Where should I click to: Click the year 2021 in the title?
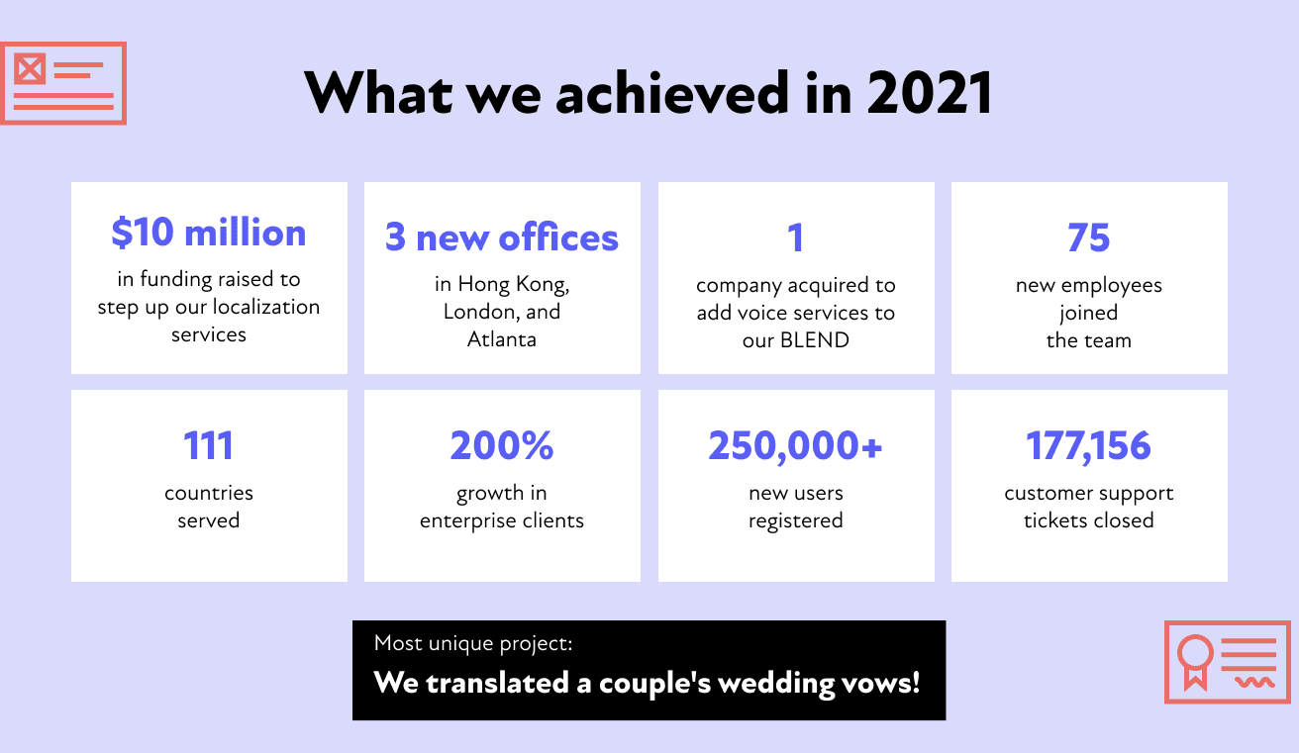point(930,92)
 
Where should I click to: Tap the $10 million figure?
point(209,233)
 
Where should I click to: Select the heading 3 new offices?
point(502,237)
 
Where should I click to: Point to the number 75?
point(1088,237)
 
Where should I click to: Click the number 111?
point(208,445)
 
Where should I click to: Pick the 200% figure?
point(502,445)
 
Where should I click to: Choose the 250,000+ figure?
point(795,446)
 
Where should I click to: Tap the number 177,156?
point(1088,446)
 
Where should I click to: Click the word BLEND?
point(815,340)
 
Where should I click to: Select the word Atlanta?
point(502,339)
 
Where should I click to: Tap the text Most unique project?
point(473,643)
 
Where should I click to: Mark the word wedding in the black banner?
point(776,683)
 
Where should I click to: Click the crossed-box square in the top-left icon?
point(30,69)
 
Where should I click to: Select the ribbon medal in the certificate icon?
point(1195,662)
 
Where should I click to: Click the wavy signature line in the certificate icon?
point(1254,682)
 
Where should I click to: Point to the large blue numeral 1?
point(796,237)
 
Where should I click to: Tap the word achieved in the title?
point(672,92)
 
